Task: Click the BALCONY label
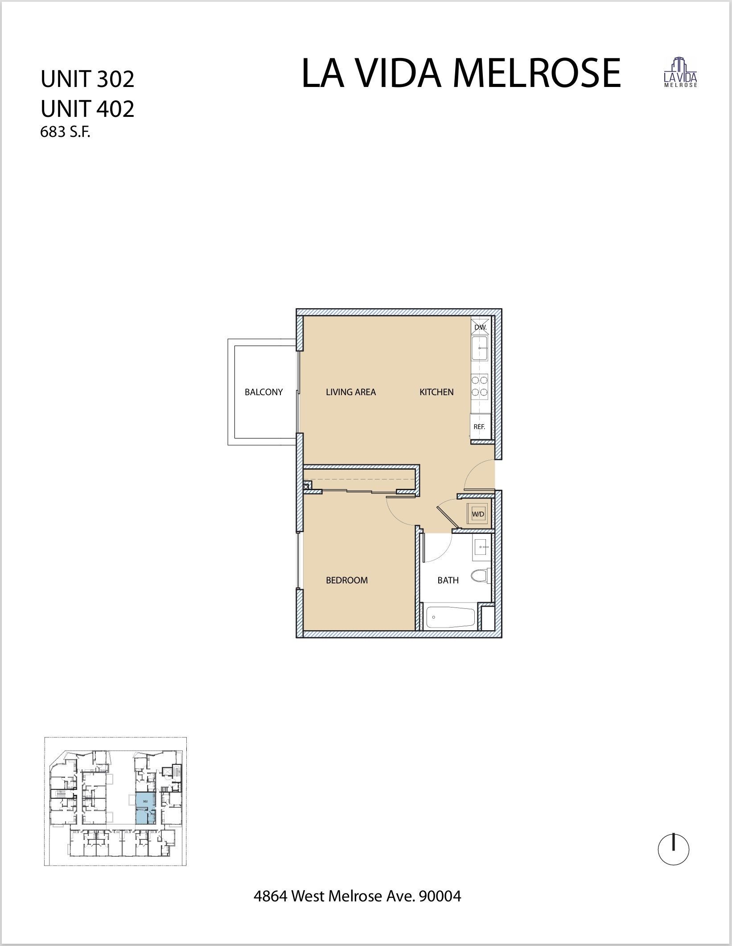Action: [263, 392]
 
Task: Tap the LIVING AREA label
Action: [351, 392]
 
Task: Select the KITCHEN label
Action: [436, 392]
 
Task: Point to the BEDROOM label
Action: [347, 580]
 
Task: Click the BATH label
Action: [448, 580]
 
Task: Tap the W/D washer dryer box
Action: [478, 514]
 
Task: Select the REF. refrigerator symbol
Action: [479, 426]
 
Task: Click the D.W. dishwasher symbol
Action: [480, 327]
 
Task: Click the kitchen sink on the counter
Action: [480, 348]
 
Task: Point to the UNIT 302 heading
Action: [87, 79]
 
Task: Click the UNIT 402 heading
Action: [87, 108]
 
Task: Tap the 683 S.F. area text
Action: [65, 132]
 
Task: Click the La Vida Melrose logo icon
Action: [681, 72]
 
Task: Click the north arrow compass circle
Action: [674, 850]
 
